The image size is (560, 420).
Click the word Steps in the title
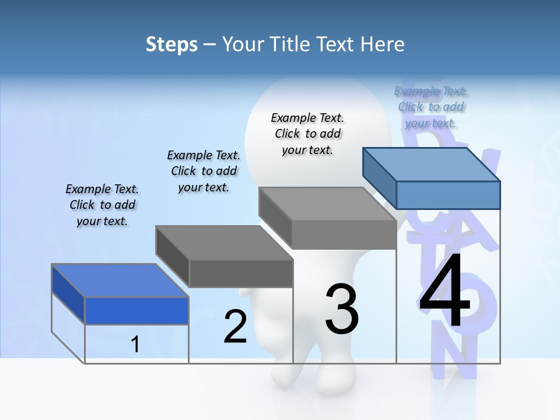pos(171,44)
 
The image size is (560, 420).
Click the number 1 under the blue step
pos(135,344)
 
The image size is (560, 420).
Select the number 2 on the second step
pos(235,327)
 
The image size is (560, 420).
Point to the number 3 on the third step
pos(342,309)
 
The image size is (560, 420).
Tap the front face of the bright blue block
pos(136,310)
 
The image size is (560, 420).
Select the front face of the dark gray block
pos(241,273)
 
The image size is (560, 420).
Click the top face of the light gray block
pos(327,204)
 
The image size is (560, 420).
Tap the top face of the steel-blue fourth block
pos(432,164)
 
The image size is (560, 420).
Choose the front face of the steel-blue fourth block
pos(448,195)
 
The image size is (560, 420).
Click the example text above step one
pos(102,205)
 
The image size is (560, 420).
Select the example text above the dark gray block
pos(204,171)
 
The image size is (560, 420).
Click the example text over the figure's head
pos(307,134)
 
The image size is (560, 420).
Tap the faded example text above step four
pos(431,107)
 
